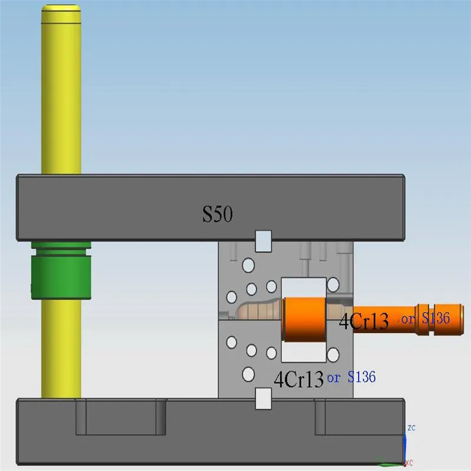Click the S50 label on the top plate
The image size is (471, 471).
[x=218, y=215]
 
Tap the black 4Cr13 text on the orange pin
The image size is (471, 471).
[x=363, y=321]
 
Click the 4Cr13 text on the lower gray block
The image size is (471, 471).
[x=299, y=379]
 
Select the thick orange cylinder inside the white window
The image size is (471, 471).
[x=304, y=319]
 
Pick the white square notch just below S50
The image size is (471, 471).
[x=262, y=239]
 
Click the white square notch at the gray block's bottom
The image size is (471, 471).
[x=262, y=399]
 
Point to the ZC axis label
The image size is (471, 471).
[x=412, y=427]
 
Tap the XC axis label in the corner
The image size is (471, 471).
[x=408, y=463]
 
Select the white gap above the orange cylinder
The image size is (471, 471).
[x=303, y=287]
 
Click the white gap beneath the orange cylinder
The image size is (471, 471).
[x=303, y=351]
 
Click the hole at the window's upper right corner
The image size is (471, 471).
[x=333, y=285]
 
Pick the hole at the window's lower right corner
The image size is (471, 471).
[x=333, y=354]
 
